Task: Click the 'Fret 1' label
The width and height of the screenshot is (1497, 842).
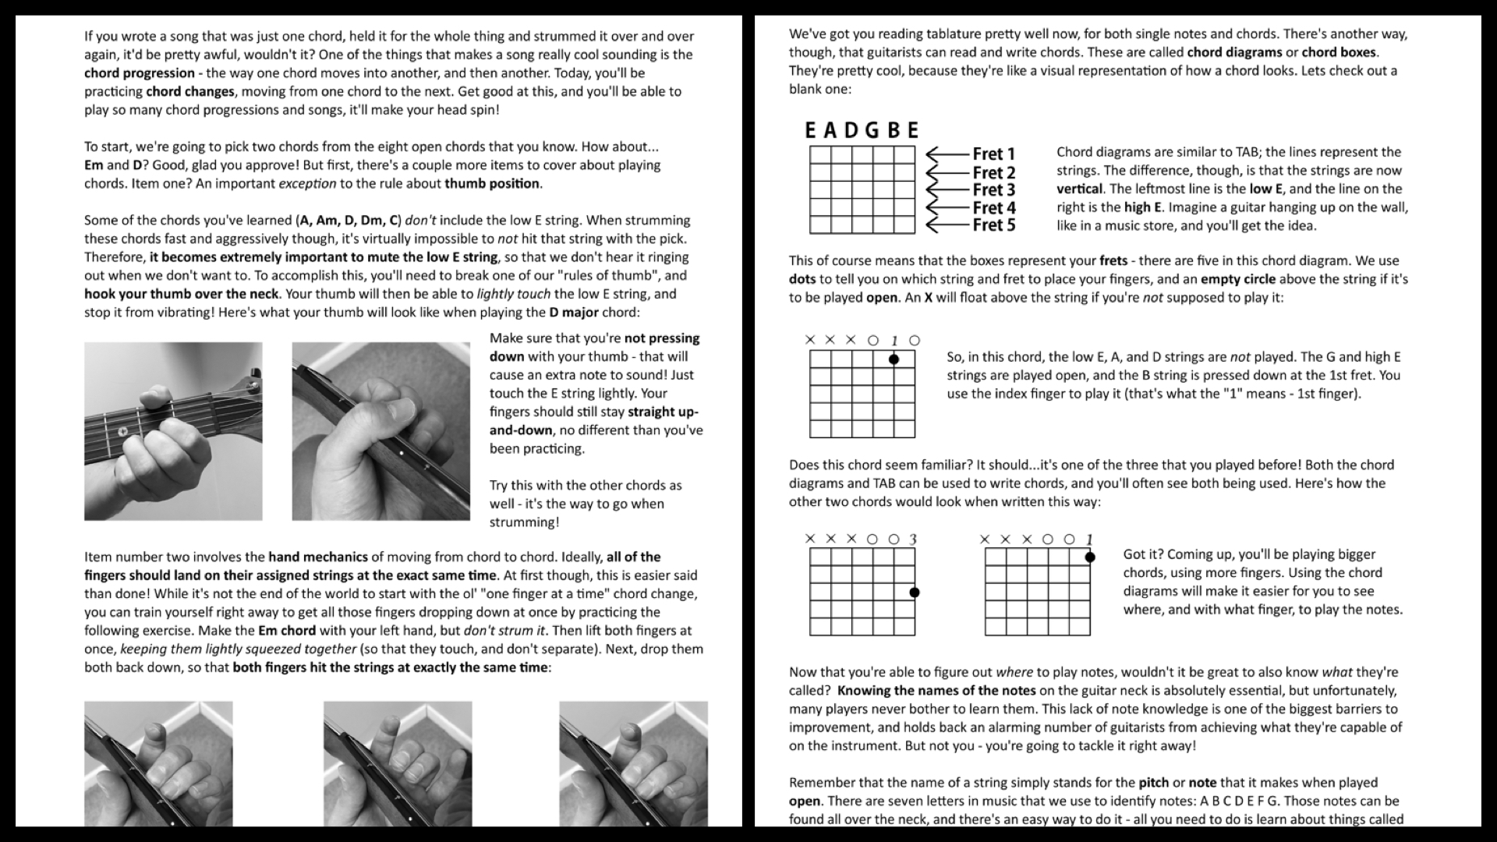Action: pos(993,154)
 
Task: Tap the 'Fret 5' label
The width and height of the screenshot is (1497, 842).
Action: pos(993,225)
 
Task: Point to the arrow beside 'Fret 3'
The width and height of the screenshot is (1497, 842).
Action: pos(947,189)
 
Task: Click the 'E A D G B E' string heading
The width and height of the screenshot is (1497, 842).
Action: pos(862,130)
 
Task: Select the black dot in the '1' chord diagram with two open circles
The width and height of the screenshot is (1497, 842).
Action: pos(894,359)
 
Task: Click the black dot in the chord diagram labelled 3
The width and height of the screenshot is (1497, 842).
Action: pos(915,593)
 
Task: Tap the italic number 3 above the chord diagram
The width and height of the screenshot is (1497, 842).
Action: pos(913,539)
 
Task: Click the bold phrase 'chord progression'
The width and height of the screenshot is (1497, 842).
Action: pos(140,73)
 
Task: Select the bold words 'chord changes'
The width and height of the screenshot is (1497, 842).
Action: pos(190,91)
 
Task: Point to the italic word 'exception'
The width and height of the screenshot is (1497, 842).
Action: pos(307,184)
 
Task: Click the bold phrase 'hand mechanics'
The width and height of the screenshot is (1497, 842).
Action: pos(318,557)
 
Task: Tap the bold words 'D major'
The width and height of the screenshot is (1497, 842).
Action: pos(573,313)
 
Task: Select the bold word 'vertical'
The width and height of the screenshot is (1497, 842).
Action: pos(1079,189)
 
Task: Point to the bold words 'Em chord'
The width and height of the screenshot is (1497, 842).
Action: pos(287,631)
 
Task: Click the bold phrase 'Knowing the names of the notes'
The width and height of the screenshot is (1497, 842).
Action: pos(936,690)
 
